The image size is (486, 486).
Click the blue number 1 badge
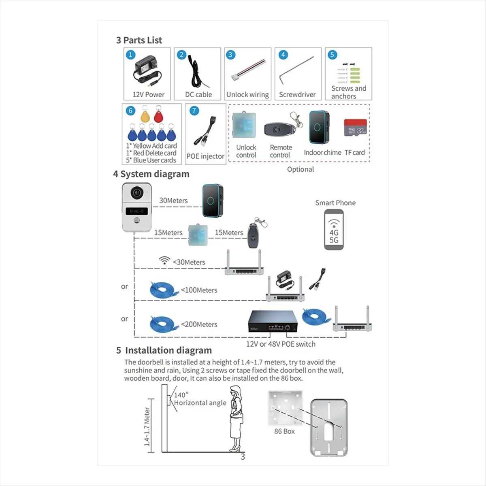(130, 55)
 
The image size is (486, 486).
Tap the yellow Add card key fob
(145, 114)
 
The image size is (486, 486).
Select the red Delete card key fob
(158, 114)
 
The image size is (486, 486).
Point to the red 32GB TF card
(355, 128)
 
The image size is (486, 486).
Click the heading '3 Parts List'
(139, 40)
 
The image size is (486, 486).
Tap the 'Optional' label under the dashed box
(301, 169)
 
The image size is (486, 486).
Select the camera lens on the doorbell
(137, 193)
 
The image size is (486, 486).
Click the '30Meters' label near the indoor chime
(173, 200)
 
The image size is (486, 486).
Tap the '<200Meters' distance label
(199, 324)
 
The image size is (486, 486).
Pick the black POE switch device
(273, 321)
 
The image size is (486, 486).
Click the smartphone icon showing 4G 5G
(334, 230)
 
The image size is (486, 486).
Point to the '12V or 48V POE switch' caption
(281, 344)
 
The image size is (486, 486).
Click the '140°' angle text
(181, 395)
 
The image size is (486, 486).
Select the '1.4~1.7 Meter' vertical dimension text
(147, 426)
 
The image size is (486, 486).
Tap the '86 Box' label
(284, 431)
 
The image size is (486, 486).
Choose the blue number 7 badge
(194, 111)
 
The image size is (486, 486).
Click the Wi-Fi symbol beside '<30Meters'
(164, 260)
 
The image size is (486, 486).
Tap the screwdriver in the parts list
(296, 70)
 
